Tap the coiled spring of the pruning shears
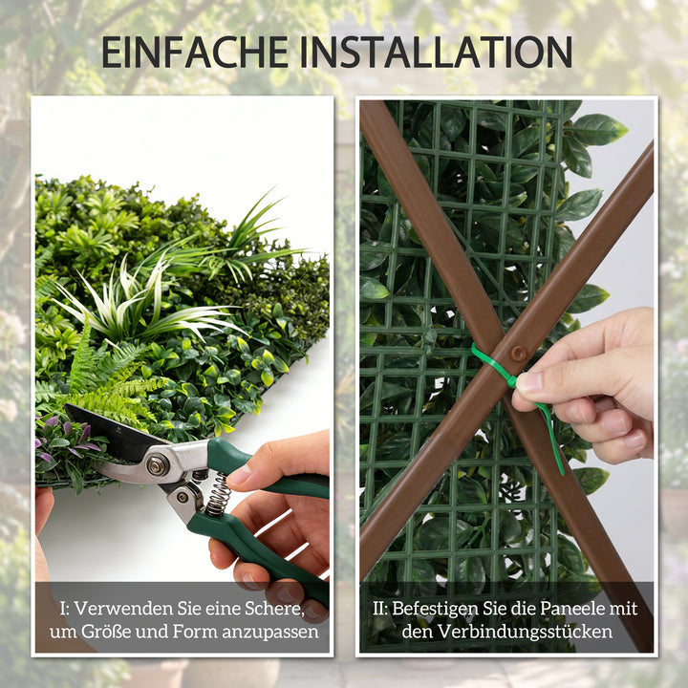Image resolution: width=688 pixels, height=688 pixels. [x=218, y=495]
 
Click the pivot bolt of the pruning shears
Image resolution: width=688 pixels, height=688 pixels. [x=158, y=464]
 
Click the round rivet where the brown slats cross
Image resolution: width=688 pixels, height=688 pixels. [x=519, y=353]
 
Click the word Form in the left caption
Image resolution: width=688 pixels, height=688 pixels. [x=194, y=632]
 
